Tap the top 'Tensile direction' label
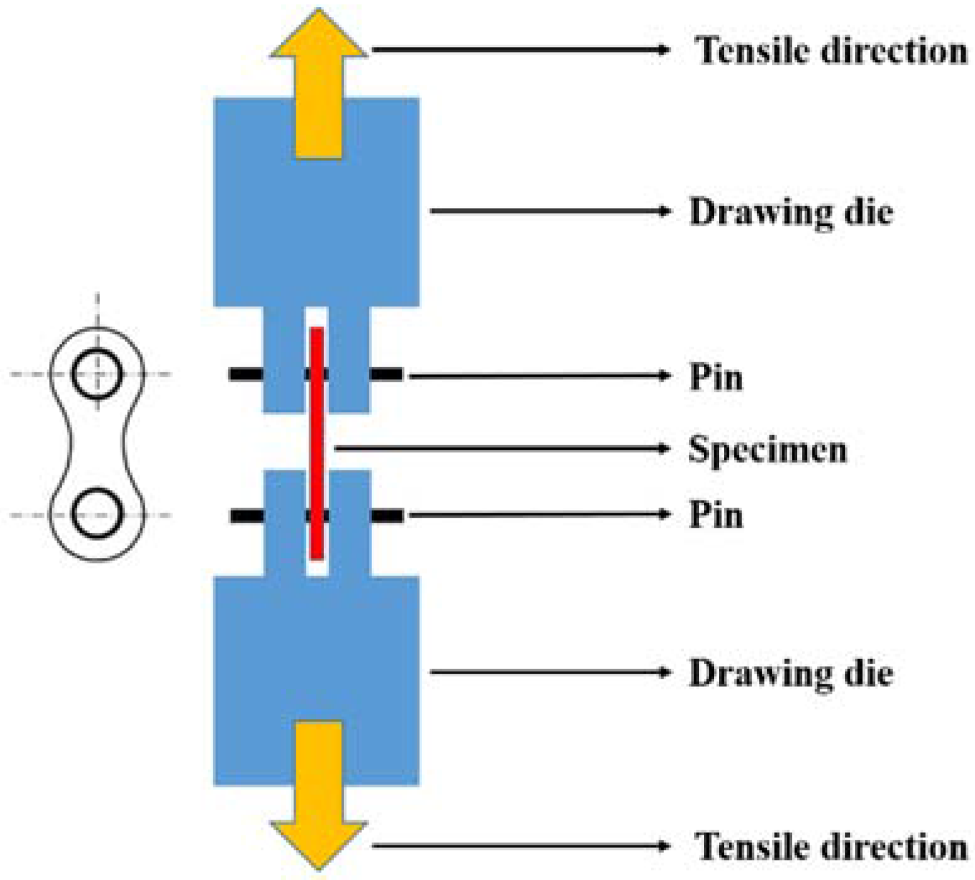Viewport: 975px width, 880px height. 830,50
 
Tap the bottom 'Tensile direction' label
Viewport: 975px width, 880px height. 830,846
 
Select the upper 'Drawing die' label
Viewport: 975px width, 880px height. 791,212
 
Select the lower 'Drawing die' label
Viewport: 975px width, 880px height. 791,673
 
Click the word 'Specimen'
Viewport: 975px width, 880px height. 767,449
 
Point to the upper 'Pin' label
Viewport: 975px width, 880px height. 716,377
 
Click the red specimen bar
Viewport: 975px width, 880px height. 318,443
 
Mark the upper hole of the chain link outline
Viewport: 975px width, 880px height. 97,374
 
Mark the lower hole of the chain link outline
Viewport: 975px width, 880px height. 97,514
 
